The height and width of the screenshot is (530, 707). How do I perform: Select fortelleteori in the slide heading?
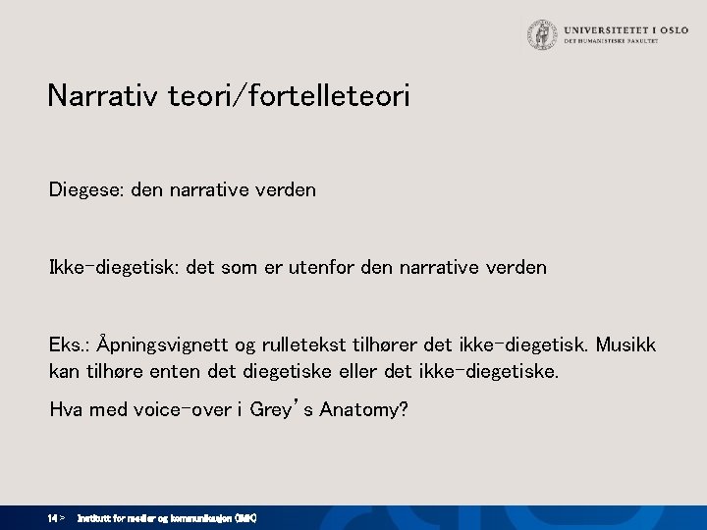[335, 96]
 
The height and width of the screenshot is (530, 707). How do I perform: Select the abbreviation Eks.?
[71, 346]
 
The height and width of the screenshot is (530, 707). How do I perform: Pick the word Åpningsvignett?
[171, 346]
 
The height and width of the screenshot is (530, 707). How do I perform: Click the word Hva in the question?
[68, 409]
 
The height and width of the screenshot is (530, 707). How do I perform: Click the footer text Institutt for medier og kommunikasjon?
[167, 517]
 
